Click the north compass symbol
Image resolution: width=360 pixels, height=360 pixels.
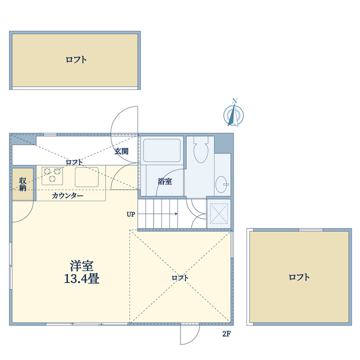coord(234,114)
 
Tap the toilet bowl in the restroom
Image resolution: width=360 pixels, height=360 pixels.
coord(201,149)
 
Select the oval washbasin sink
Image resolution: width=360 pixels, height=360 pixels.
coord(222,184)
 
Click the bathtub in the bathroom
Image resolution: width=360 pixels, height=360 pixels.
coord(161,150)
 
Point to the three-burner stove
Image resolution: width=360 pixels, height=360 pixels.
coord(52,176)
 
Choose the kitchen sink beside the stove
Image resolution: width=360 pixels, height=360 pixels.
coord(87,177)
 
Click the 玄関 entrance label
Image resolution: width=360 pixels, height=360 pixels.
coord(121,151)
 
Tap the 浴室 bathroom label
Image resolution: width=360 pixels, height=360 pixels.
coord(165,181)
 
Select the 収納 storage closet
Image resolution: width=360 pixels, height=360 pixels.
coord(22,184)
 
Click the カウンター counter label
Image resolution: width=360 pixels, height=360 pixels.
coord(67,196)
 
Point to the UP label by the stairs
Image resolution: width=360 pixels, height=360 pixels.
coord(131,214)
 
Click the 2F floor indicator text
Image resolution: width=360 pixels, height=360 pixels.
coord(226,334)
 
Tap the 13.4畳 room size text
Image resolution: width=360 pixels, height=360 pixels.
coord(82,279)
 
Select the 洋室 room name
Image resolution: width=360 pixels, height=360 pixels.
coord(82,265)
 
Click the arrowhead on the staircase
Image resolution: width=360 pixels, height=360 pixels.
coord(176,214)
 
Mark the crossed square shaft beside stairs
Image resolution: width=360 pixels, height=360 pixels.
coord(219,214)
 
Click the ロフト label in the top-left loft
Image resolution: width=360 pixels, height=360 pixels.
coord(76,60)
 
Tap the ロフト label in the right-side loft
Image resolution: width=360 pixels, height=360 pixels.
coord(299,277)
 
